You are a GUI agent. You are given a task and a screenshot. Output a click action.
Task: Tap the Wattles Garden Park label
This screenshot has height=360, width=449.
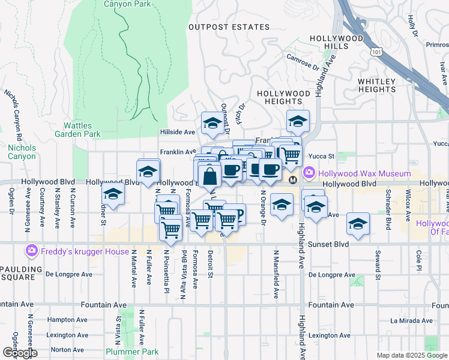[x=82, y=130]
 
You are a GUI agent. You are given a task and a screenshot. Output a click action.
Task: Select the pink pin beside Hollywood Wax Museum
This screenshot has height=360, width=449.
[x=309, y=172]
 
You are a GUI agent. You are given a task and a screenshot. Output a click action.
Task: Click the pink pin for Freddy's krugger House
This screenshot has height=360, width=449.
[x=32, y=250]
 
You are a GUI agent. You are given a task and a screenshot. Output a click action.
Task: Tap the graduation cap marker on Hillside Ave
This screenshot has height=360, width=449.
[x=212, y=124]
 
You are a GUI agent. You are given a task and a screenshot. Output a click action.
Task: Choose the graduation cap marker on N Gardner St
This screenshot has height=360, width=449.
[x=112, y=194]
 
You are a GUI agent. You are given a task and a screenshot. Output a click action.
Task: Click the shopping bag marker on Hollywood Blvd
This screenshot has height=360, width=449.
[x=209, y=176]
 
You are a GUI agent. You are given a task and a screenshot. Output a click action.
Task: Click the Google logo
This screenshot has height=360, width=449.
[x=19, y=352]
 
